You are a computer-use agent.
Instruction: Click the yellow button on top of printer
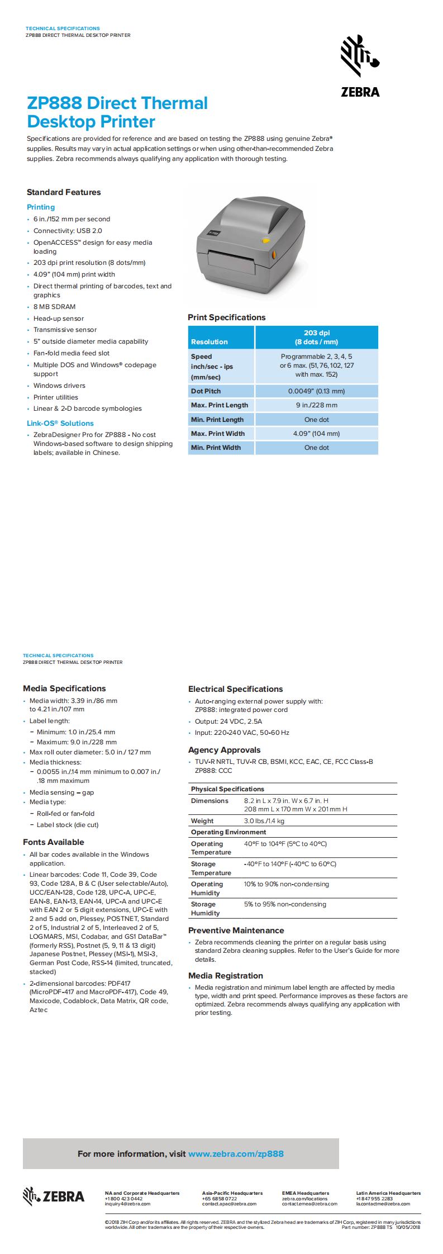(265, 241)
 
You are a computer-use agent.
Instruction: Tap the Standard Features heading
(64, 192)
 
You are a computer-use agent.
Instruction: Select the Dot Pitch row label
(206, 391)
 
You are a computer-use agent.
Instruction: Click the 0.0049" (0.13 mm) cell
(316, 391)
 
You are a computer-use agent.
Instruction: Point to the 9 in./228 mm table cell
(316, 405)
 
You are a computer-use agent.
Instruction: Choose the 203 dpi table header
(316, 338)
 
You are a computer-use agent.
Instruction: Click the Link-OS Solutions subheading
(60, 424)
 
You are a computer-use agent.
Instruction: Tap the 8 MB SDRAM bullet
(54, 307)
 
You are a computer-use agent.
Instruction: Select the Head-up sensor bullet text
(59, 319)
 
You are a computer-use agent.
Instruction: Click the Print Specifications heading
(226, 317)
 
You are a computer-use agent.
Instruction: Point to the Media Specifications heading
(64, 688)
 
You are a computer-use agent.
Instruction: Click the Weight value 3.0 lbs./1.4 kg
(264, 821)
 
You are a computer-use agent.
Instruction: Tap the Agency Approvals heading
(224, 750)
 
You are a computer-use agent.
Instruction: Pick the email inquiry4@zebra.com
(127, 1204)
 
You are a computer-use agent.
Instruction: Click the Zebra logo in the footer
(54, 1196)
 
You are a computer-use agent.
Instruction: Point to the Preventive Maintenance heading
(236, 930)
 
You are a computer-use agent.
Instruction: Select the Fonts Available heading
(54, 842)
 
